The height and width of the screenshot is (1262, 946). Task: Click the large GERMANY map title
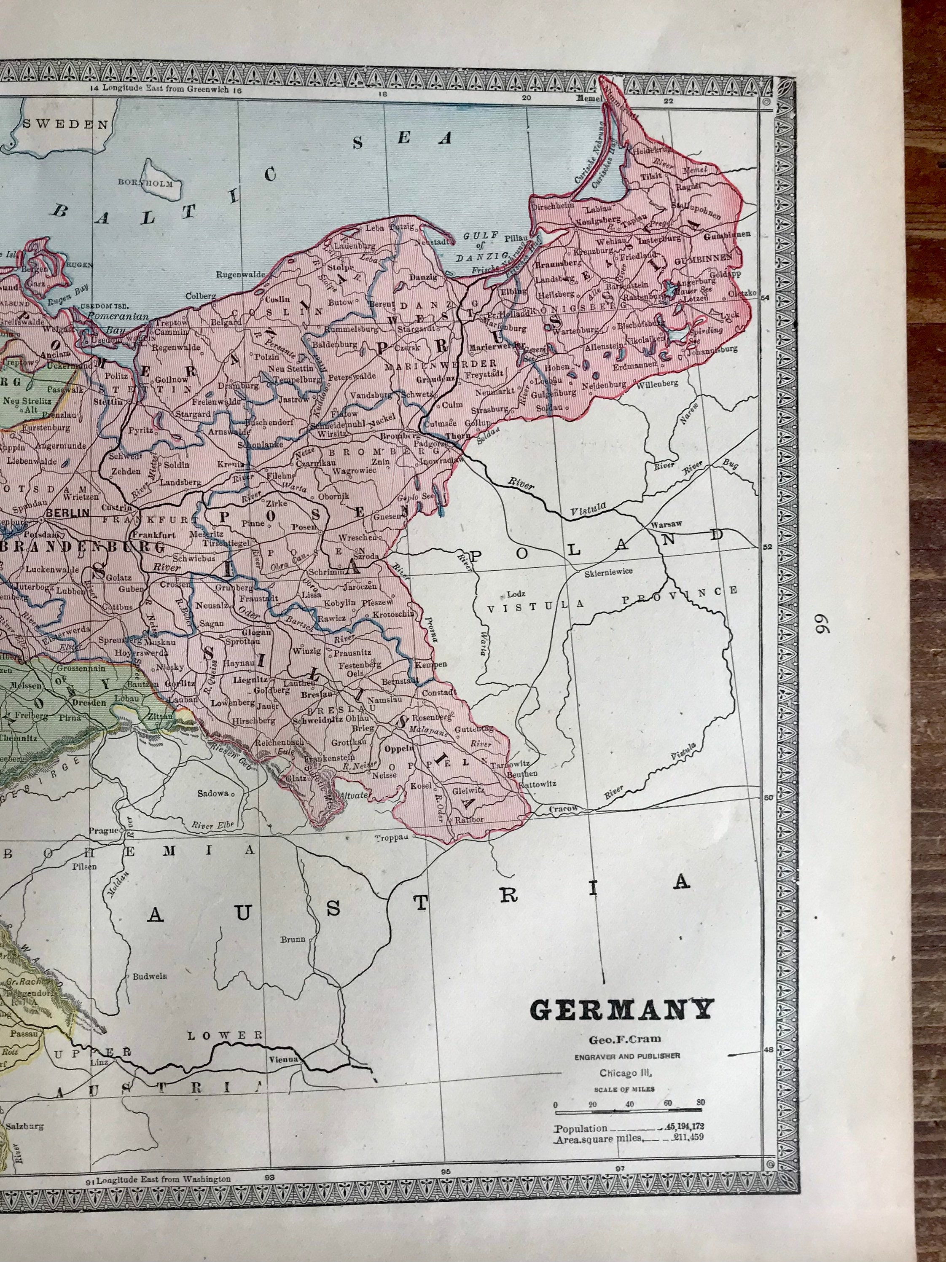tap(621, 1009)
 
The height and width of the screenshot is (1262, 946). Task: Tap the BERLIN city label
tap(67, 512)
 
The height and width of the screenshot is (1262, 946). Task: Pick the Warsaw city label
tap(668, 524)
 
